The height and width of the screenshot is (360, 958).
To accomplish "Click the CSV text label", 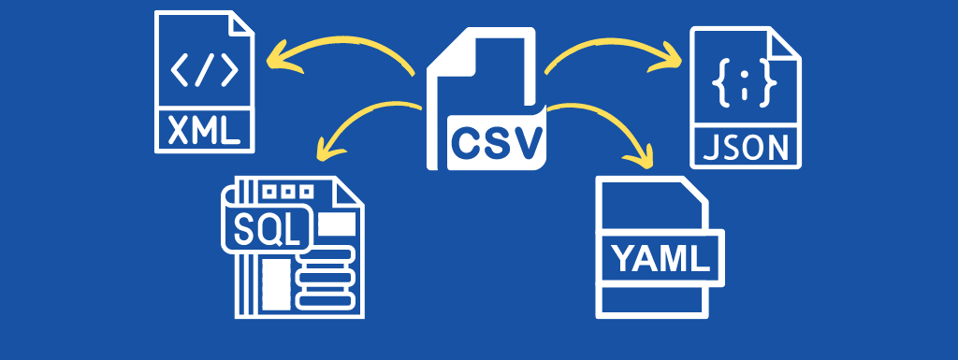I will coord(496,141).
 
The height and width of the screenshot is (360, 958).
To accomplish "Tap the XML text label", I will coord(203,130).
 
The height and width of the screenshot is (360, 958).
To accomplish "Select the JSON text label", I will coord(745,148).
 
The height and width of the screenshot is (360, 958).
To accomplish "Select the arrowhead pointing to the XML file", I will coord(274,61).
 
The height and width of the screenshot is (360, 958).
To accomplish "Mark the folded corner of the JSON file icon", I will coord(787,43).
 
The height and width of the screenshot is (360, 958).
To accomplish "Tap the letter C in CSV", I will coord(467,141).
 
